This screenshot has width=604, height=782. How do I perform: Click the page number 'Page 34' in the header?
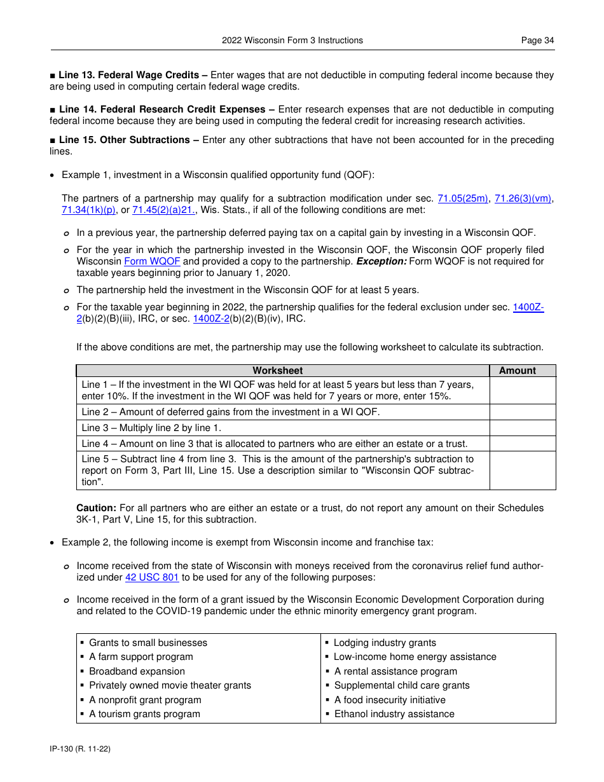click(x=537, y=40)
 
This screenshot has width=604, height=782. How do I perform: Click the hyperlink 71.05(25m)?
click(x=463, y=198)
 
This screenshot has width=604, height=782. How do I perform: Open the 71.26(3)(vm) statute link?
click(x=523, y=198)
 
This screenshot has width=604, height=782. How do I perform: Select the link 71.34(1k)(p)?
click(x=89, y=210)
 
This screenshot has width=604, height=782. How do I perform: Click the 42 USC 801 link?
click(x=152, y=577)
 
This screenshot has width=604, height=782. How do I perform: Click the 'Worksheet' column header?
click(x=278, y=371)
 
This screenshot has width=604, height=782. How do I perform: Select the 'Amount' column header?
click(x=517, y=371)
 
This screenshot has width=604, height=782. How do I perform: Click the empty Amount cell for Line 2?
click(x=522, y=412)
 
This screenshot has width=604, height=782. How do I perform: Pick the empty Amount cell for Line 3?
click(x=522, y=428)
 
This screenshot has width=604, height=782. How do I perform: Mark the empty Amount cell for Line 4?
click(x=522, y=444)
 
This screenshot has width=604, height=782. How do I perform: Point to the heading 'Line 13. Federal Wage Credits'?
click(x=133, y=75)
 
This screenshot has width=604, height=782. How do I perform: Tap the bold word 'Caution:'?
click(x=96, y=508)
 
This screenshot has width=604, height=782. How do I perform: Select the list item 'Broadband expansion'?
click(x=137, y=671)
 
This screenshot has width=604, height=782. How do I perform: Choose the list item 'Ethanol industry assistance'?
click(x=394, y=714)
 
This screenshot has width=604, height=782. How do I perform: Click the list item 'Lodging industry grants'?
click(x=385, y=643)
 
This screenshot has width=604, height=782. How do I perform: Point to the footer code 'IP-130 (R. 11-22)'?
click(x=80, y=749)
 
